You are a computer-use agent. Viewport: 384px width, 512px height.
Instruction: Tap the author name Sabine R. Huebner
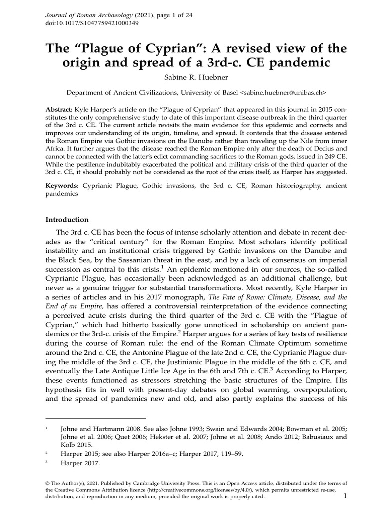(x=191, y=78)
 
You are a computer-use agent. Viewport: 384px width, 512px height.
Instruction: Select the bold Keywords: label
(x=62, y=185)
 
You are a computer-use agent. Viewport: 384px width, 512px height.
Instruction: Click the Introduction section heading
(x=67, y=219)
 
